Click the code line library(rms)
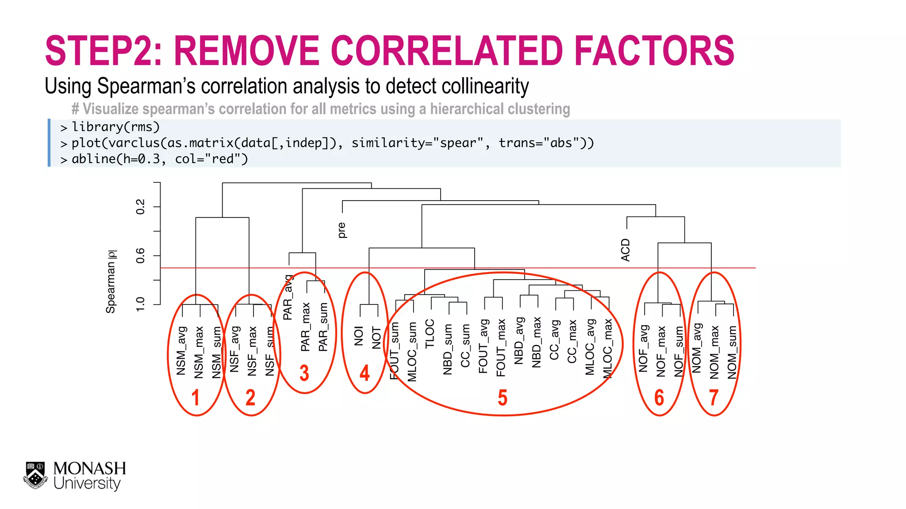pyautogui.click(x=115, y=127)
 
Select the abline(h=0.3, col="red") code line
pyautogui.click(x=159, y=159)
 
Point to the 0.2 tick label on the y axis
pyautogui.click(x=140, y=207)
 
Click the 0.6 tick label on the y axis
pyautogui.click(x=140, y=255)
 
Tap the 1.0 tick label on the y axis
pyautogui.click(x=140, y=304)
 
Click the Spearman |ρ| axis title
pyautogui.click(x=111, y=282)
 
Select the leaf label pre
pyautogui.click(x=341, y=230)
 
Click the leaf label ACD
pyautogui.click(x=625, y=250)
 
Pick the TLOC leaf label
pyautogui.click(x=430, y=334)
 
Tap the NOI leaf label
pyautogui.click(x=359, y=336)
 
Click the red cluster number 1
pyautogui.click(x=196, y=398)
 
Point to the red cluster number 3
pyautogui.click(x=304, y=373)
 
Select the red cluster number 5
pyautogui.click(x=503, y=398)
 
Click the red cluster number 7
pyautogui.click(x=714, y=398)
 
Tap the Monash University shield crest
pyautogui.click(x=35, y=475)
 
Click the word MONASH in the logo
pyautogui.click(x=90, y=468)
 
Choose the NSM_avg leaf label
pyautogui.click(x=181, y=351)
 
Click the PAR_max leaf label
pyautogui.click(x=305, y=327)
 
